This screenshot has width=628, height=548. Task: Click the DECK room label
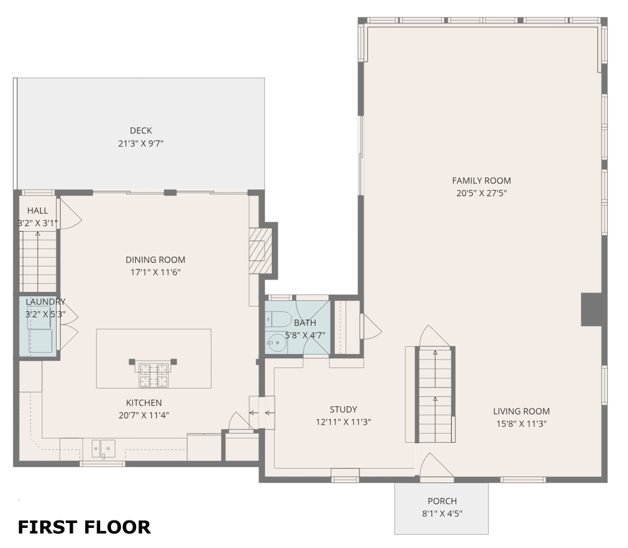[141, 130]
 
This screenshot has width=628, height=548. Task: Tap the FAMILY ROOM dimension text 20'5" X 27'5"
[481, 193]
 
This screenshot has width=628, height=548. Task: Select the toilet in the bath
[278, 319]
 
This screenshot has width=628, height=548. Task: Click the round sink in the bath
[276, 342]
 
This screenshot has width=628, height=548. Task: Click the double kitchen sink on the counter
[104, 448]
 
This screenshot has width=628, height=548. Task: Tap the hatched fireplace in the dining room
[261, 251]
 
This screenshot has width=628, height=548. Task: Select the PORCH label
[443, 501]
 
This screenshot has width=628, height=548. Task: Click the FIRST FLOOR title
[84, 527]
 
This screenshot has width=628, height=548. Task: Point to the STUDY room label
[343, 409]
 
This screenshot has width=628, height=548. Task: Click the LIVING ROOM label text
[522, 411]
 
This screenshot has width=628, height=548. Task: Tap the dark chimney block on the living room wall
[591, 309]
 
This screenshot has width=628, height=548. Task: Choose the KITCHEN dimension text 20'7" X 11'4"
[144, 415]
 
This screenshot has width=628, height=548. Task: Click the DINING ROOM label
[156, 260]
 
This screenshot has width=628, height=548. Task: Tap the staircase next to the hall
[38, 261]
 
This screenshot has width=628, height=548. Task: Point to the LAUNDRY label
[46, 302]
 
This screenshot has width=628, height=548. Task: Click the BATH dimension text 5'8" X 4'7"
[305, 335]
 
